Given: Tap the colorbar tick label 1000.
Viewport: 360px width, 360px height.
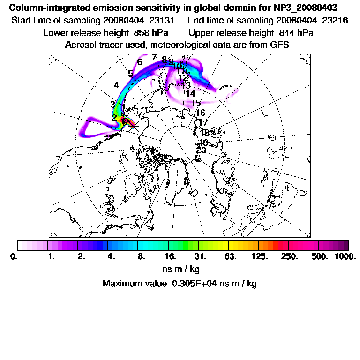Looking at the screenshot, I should pyautogui.click(x=345, y=256).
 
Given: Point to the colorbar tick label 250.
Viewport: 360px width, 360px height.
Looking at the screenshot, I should pyautogui.click(x=289, y=256).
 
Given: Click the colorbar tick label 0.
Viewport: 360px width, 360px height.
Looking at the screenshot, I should pyautogui.click(x=13, y=256).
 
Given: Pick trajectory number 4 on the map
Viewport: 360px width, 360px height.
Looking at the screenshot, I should pyautogui.click(x=116, y=85).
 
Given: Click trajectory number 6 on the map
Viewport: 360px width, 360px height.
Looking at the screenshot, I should pyautogui.click(x=139, y=62).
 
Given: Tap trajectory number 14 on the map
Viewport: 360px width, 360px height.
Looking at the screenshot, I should pyautogui.click(x=190, y=94).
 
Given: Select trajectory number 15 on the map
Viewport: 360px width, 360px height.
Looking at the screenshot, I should pyautogui.click(x=196, y=103).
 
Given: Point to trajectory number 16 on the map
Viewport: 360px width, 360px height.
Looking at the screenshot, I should pyautogui.click(x=200, y=113).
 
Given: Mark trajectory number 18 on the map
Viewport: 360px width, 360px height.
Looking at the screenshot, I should pyautogui.click(x=204, y=133).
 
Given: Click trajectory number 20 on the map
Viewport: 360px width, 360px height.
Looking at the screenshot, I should pyautogui.click(x=201, y=150).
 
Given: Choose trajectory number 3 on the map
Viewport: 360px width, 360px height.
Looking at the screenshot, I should pyautogui.click(x=112, y=104).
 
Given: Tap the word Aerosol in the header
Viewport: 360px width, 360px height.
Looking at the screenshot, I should pyautogui.click(x=79, y=45).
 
